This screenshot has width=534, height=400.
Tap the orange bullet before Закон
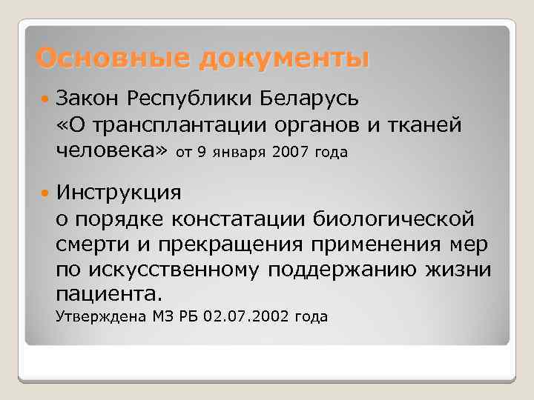click(x=46, y=97)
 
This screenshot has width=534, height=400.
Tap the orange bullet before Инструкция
click(x=46, y=192)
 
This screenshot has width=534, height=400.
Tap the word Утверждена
click(x=99, y=318)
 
